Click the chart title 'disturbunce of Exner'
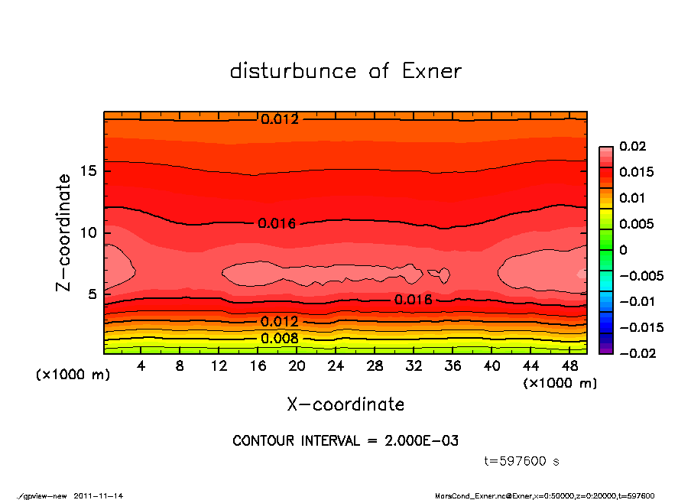pos(345,71)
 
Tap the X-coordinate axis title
pos(345,404)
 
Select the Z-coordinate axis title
pos(64,232)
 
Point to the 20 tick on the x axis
pos(297,366)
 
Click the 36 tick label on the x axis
pos(453,366)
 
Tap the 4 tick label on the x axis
pos(141,366)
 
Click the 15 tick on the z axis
pos(88,171)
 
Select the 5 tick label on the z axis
pos(92,294)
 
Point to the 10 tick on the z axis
pos(88,232)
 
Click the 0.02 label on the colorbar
pos(632,146)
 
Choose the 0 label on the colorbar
pos(623,250)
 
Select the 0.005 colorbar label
pos(636,224)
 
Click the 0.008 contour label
pos(280,339)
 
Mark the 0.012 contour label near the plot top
pos(280,119)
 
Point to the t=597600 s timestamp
pos(522,461)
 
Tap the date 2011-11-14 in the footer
pos(99,495)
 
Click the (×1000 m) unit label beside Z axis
pos(70,375)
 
